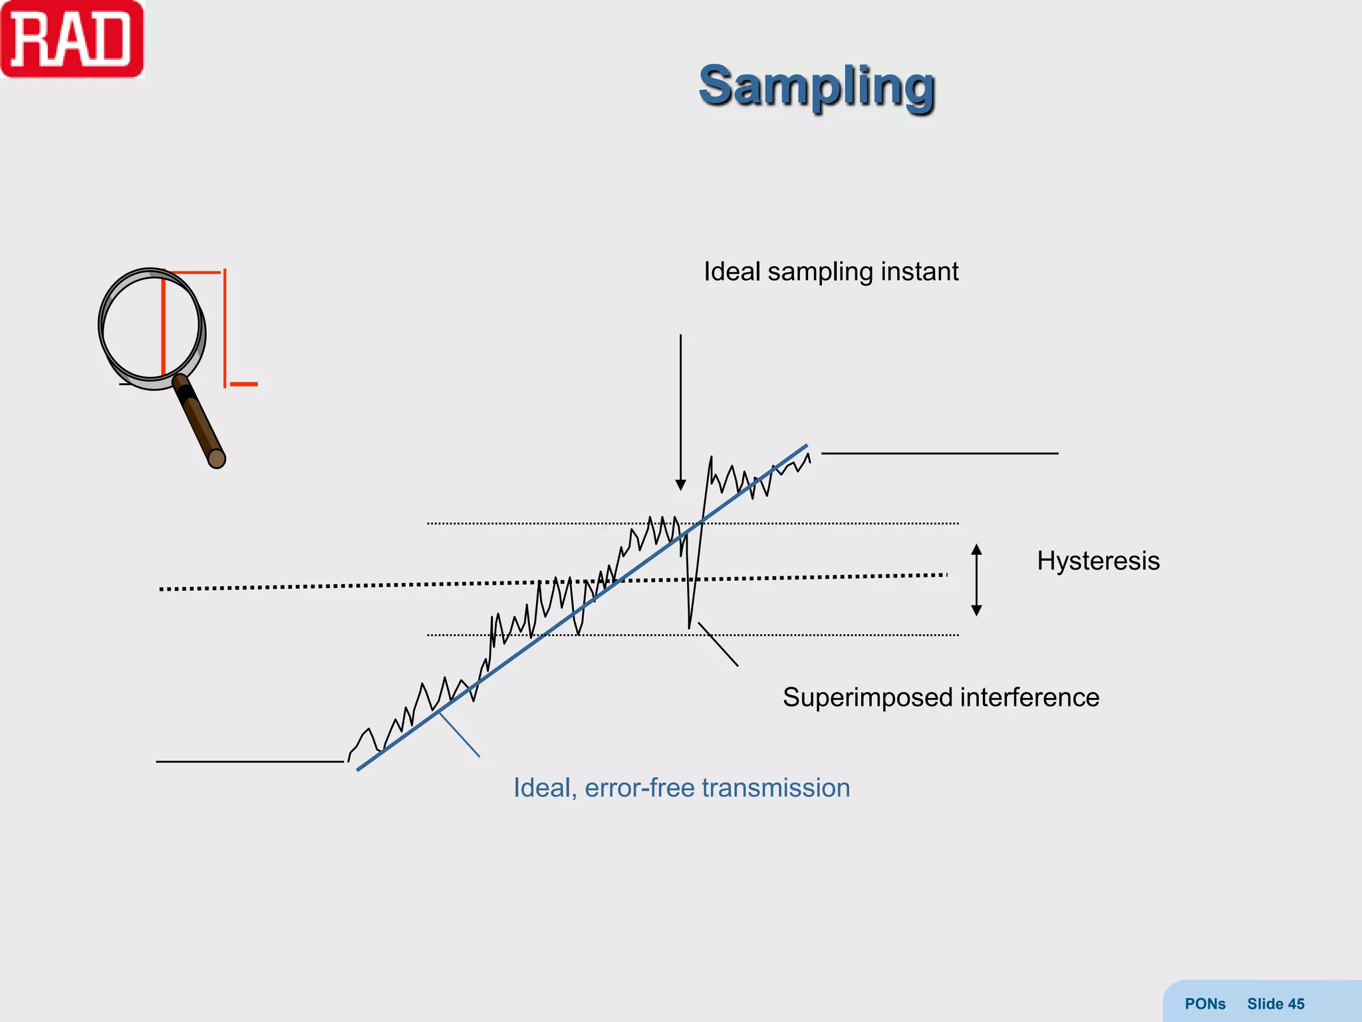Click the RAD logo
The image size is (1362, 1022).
click(72, 40)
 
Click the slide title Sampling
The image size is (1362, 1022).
click(817, 86)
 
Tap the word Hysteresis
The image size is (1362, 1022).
click(1098, 561)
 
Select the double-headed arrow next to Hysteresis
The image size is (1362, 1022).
click(976, 580)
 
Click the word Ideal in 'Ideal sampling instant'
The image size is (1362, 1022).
click(732, 271)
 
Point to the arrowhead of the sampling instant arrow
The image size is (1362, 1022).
click(680, 484)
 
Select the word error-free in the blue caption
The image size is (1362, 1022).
click(639, 788)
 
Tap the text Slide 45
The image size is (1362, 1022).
click(1275, 1003)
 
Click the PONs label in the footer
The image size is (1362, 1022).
click(1204, 1003)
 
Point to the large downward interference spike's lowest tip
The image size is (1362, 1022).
click(689, 627)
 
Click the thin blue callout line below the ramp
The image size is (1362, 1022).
click(459, 735)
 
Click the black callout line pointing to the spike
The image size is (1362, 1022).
click(718, 644)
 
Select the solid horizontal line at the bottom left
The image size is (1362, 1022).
click(249, 761)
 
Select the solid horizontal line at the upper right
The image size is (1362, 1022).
click(939, 453)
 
